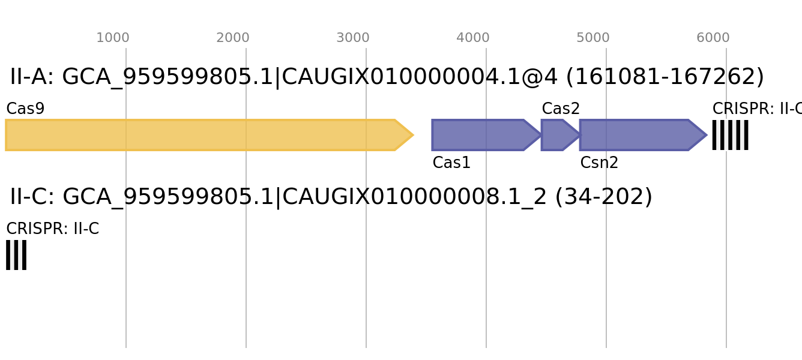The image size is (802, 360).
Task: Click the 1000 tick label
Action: pos(113,38)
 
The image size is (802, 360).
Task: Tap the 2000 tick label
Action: pos(233,38)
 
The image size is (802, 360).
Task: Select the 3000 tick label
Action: pos(353,38)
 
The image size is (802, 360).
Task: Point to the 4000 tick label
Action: pos(473,38)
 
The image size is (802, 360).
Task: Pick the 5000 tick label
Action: pos(593,38)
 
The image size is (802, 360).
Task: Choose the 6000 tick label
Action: pos(713,38)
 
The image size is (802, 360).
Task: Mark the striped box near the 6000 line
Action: pos(730,135)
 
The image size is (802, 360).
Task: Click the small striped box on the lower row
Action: pos(16,255)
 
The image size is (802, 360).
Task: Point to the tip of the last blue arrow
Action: pos(707,135)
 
